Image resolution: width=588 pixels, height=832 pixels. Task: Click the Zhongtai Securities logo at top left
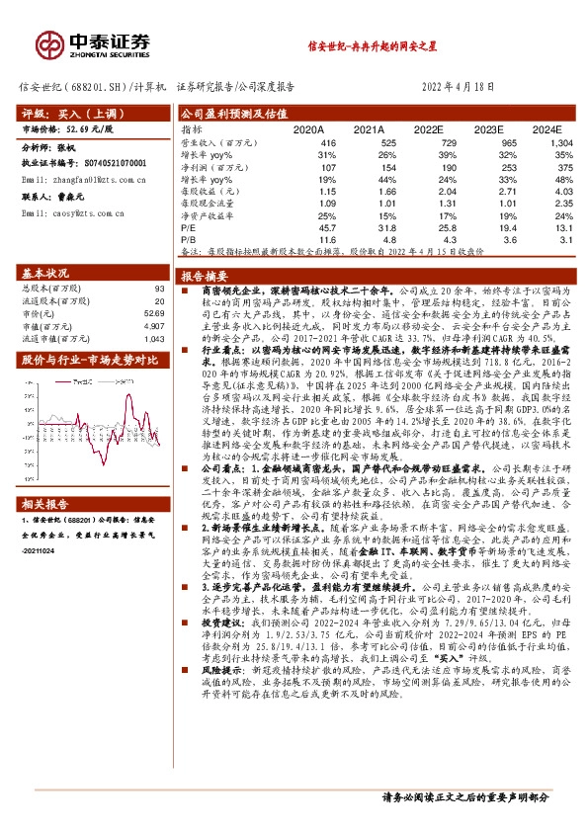point(95,44)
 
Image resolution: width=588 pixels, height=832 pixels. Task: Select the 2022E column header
point(428,128)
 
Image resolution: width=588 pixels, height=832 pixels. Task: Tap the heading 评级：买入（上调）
point(65,114)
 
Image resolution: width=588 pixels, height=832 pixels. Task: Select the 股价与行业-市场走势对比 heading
point(89,360)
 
